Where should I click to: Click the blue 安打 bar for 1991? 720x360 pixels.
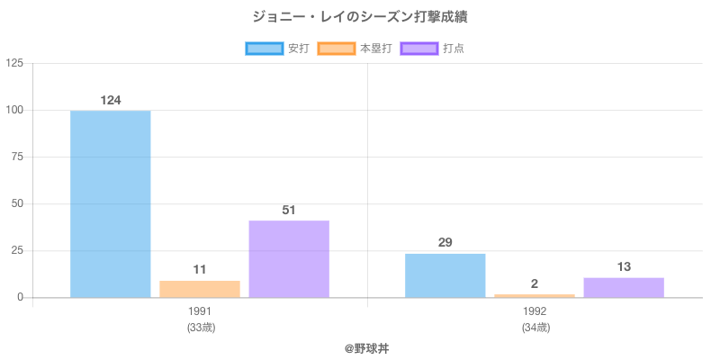(x=110, y=203)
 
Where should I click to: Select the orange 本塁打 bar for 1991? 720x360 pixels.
(x=200, y=289)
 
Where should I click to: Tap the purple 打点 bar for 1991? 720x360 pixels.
(x=289, y=259)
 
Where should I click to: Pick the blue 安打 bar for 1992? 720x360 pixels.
(x=445, y=275)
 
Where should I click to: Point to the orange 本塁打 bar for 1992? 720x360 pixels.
(x=535, y=295)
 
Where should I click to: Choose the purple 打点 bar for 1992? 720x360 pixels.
(x=624, y=287)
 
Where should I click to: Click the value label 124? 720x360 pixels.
(x=111, y=100)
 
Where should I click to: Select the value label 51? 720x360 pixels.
(x=289, y=210)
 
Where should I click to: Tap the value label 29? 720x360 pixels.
(x=445, y=243)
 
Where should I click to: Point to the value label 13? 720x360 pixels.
(x=624, y=266)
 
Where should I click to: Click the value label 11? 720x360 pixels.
(x=200, y=269)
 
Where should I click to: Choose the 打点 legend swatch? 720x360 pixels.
(x=419, y=49)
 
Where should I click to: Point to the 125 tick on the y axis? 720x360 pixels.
(x=15, y=63)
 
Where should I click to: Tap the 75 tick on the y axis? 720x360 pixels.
(x=18, y=157)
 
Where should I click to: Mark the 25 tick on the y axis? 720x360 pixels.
(x=18, y=250)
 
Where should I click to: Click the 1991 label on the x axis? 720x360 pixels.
(x=200, y=311)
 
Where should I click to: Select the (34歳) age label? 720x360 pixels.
(x=535, y=327)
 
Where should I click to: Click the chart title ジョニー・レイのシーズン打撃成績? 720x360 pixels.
(x=360, y=17)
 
